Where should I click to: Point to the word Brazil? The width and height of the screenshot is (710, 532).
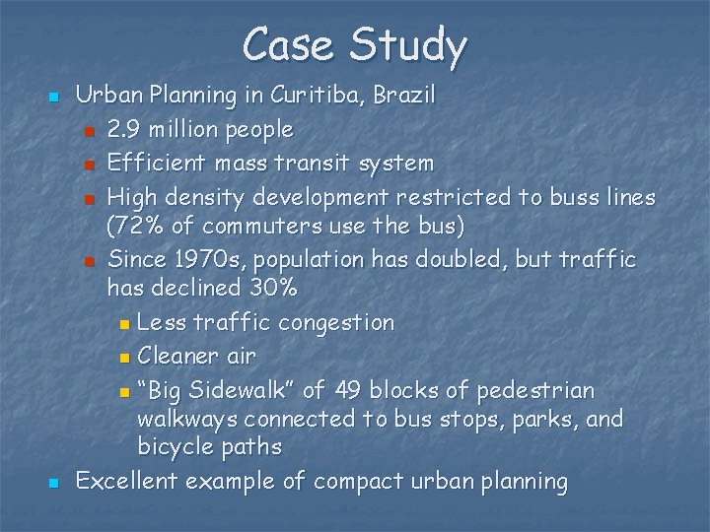(x=404, y=96)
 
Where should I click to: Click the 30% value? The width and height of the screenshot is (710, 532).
(x=271, y=289)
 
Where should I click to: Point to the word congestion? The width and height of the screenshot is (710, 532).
(x=337, y=323)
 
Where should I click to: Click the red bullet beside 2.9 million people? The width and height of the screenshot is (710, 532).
(x=89, y=131)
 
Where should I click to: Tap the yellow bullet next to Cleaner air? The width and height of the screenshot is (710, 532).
(x=122, y=358)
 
